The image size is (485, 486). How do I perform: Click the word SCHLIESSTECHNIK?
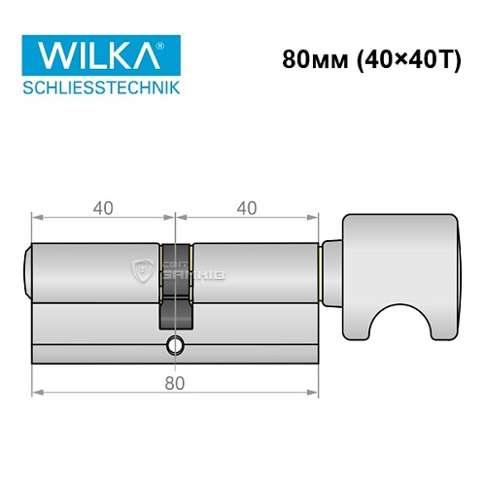coord(100,89)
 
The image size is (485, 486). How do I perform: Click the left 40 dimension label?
coord(103,207)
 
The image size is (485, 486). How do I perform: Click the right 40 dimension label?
coord(248,207)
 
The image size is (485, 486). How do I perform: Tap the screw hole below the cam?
coord(175,344)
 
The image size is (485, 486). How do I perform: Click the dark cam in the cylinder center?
coord(175,292)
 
